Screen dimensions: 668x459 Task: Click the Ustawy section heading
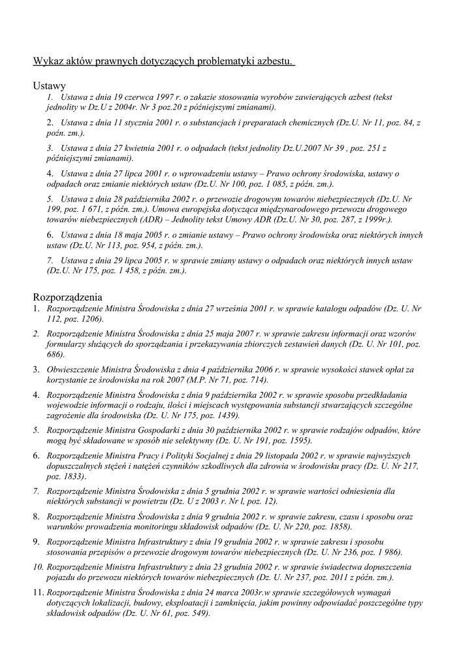(x=50, y=85)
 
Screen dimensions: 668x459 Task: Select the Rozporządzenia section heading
(x=67, y=296)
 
